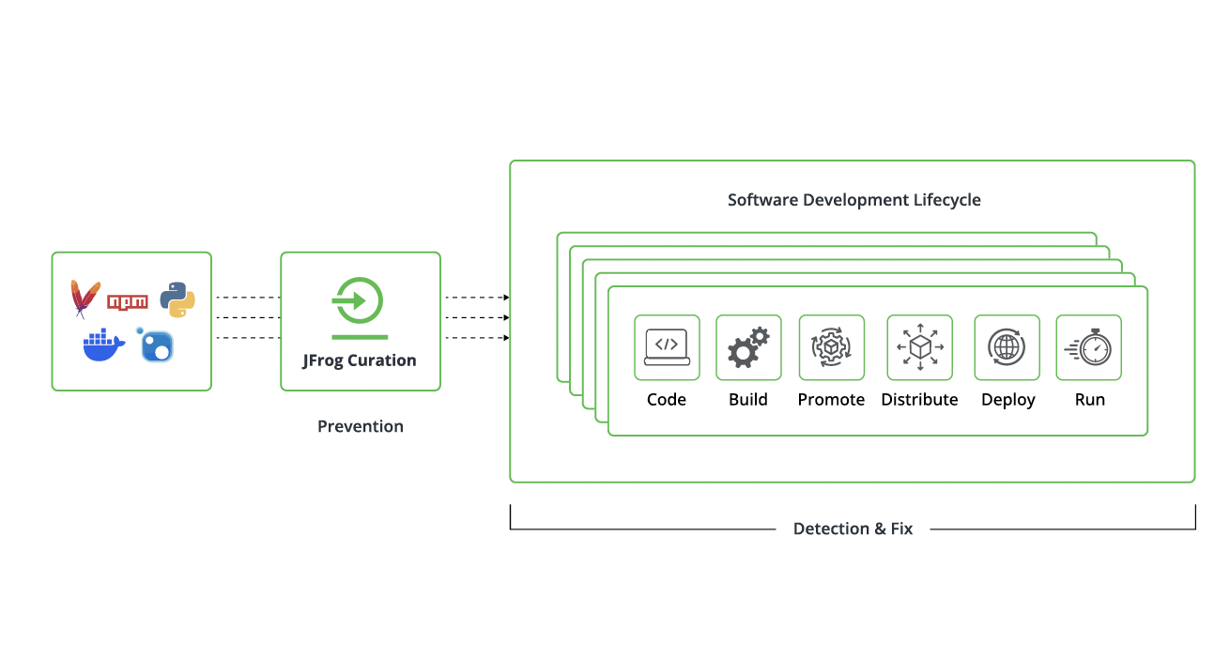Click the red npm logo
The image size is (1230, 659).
click(x=128, y=302)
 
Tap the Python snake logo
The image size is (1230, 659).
click(x=177, y=299)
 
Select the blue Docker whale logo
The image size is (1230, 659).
click(x=103, y=345)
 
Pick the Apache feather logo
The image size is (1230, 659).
click(x=85, y=299)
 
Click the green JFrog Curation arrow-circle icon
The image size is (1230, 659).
click(x=360, y=301)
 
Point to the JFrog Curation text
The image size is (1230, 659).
click(x=360, y=360)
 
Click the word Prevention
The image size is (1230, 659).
click(x=361, y=426)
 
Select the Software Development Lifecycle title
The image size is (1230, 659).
click(x=853, y=200)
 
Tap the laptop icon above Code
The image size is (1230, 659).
click(x=667, y=346)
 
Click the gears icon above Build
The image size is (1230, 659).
click(x=748, y=346)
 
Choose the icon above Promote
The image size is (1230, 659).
click(x=831, y=346)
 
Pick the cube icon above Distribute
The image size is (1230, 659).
click(x=919, y=346)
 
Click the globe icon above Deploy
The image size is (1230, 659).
click(x=1007, y=346)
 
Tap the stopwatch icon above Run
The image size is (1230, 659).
click(x=1089, y=347)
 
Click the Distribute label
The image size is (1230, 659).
click(x=919, y=400)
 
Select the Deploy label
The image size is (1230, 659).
click(x=1007, y=400)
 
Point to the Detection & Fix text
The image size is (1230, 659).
click(x=853, y=529)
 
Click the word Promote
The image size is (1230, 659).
click(x=831, y=400)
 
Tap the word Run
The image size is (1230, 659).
click(x=1089, y=400)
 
